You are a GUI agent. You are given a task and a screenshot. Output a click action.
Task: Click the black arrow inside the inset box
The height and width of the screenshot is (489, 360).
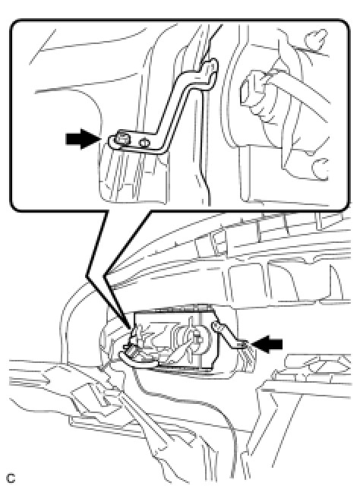pyautogui.click(x=83, y=139)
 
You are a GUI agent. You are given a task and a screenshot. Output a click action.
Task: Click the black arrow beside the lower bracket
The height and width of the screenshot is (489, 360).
pyautogui.click(x=267, y=344)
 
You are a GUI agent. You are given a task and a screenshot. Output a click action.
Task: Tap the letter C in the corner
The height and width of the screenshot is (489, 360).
pyautogui.click(x=11, y=478)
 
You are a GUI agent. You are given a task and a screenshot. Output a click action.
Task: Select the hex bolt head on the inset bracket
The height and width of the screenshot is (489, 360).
pyautogui.click(x=121, y=140)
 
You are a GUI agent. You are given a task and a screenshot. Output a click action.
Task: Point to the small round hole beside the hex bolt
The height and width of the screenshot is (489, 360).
pyautogui.click(x=144, y=144)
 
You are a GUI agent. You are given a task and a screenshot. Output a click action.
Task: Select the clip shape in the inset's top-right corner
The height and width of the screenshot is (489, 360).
pyautogui.click(x=316, y=38)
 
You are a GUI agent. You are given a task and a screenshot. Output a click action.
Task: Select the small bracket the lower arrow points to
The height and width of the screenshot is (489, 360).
pyautogui.click(x=227, y=336)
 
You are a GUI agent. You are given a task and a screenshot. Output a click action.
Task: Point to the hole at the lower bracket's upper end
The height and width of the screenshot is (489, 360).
pyautogui.click(x=215, y=327)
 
